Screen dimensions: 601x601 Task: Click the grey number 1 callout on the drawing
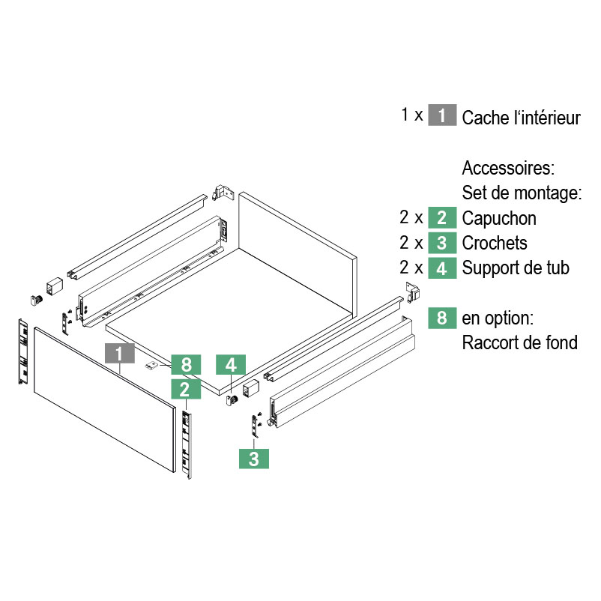pyautogui.click(x=121, y=354)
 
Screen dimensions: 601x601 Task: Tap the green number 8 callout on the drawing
pyautogui.click(x=186, y=365)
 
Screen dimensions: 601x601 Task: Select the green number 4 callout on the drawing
pyautogui.click(x=231, y=365)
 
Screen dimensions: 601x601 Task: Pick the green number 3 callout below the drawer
pyautogui.click(x=254, y=459)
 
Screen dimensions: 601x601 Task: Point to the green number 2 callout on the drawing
pyautogui.click(x=185, y=388)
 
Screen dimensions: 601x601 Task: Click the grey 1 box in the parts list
pyautogui.click(x=442, y=116)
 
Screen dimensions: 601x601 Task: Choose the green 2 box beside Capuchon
pyautogui.click(x=442, y=218)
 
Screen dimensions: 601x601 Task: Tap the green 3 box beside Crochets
pyautogui.click(x=442, y=243)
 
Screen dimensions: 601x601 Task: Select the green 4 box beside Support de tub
pyautogui.click(x=442, y=268)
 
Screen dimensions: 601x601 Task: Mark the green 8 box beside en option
pyautogui.click(x=442, y=318)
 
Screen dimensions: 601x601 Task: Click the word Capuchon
pyautogui.click(x=499, y=218)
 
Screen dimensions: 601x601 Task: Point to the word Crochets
pyautogui.click(x=495, y=243)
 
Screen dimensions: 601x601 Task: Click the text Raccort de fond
pyautogui.click(x=520, y=342)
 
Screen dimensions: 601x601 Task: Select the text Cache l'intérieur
pyautogui.click(x=521, y=118)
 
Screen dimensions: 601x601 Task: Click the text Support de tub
pyautogui.click(x=516, y=268)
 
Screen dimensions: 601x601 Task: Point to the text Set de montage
pyautogui.click(x=522, y=193)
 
